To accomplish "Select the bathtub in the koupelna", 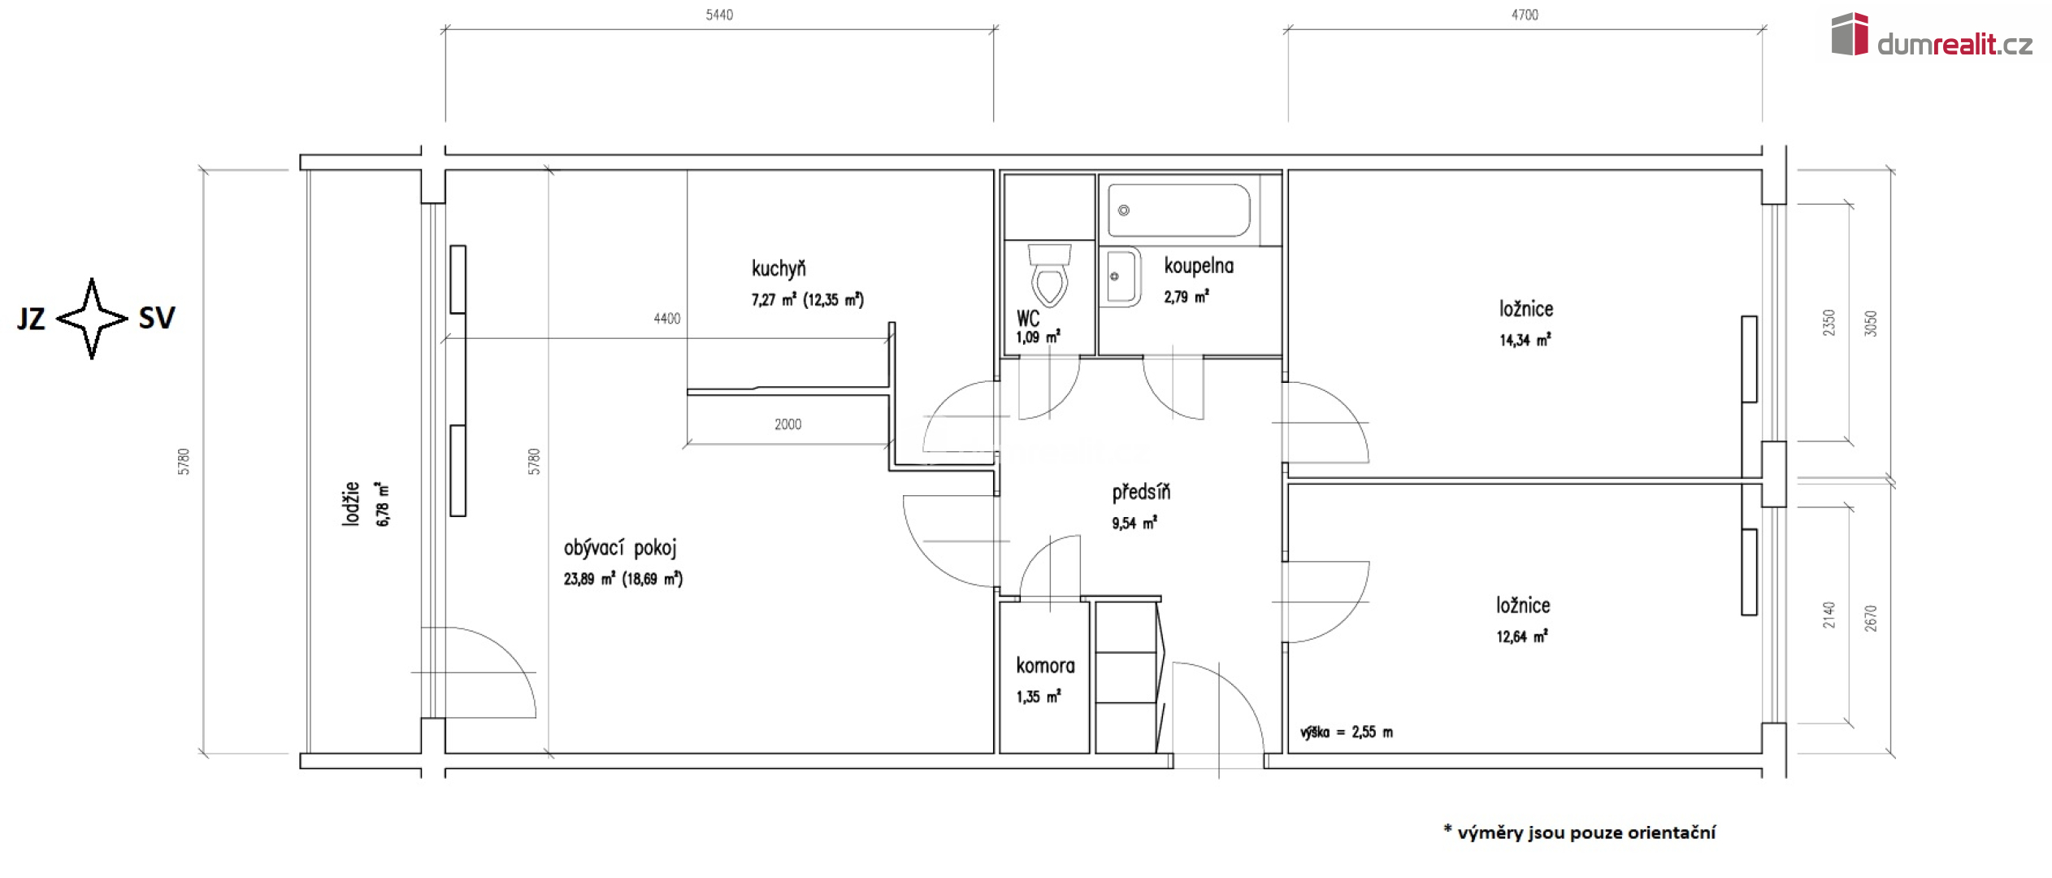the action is pos(1179,210).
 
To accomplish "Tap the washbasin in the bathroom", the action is pos(1122,276).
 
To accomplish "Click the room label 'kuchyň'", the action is pos(779,268).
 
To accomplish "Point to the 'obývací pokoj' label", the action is pos(620,548).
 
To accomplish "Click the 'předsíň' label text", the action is pos(1141,492).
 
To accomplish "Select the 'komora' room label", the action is pos(1045,666).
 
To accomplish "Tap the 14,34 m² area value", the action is pos(1525,340).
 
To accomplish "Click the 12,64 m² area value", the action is pos(1522,637).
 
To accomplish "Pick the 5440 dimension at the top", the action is pos(719,15).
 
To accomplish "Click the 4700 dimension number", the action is pos(1525,15).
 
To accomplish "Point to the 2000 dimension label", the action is pos(787,424).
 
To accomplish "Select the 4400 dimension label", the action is pos(667,319).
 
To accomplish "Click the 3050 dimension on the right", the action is pos(1871,324).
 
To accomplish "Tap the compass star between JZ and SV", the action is pos(92,319).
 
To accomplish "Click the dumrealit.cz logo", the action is pos(1932,37).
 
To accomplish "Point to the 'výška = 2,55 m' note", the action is pos(1347,732).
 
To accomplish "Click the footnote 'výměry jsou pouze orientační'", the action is pos(1586,832).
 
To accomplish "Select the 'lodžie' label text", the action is pos(350,503).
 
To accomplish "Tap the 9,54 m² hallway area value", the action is pos(1134,524).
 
